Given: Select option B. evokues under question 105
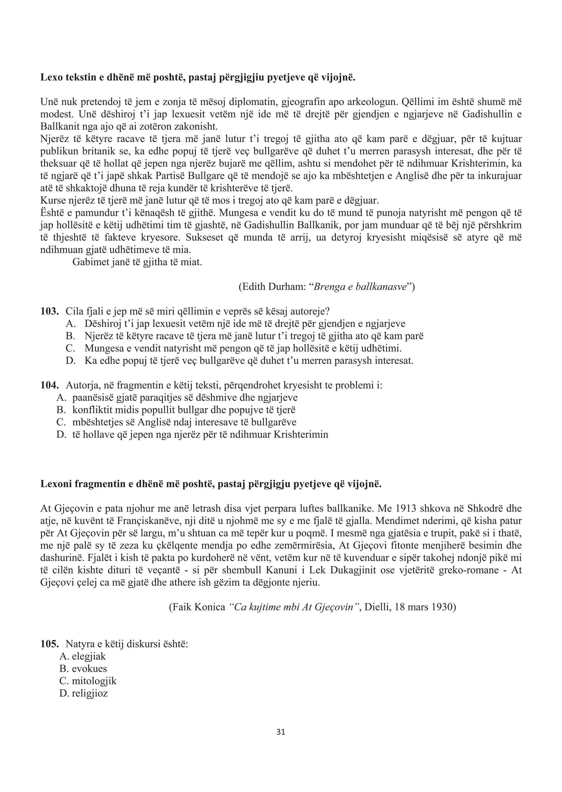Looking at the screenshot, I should (x=83, y=668).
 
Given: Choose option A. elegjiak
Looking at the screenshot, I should (x=83, y=656).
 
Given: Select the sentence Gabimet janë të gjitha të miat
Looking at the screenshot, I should (x=137, y=262).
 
